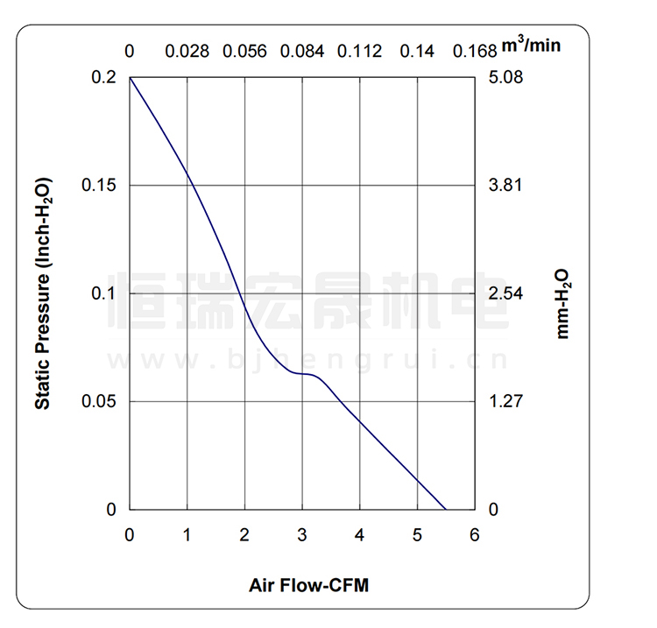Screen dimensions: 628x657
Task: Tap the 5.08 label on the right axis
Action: (504, 78)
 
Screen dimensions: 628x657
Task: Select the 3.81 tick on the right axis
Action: (504, 186)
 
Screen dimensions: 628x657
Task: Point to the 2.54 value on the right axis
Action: (504, 293)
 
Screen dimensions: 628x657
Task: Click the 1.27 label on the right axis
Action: (504, 402)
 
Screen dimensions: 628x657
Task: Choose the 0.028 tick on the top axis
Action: (187, 51)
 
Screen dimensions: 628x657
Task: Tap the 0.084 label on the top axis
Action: (302, 51)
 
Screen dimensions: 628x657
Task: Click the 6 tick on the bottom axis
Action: (475, 535)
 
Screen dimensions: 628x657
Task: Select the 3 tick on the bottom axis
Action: (302, 535)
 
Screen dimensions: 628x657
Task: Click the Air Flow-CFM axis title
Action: (308, 585)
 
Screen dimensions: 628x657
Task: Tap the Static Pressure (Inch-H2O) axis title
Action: (42, 293)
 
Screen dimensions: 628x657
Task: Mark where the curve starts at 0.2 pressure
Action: (131, 78)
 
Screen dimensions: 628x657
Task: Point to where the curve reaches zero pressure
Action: (446, 509)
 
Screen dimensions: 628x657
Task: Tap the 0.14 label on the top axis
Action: (417, 51)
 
